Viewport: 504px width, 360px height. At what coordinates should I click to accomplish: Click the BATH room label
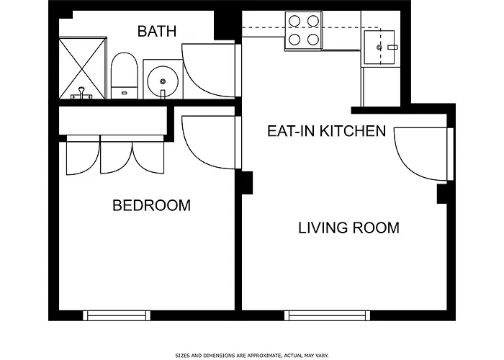pyautogui.click(x=157, y=31)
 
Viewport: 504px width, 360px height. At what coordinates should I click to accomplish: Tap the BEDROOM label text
pyautogui.click(x=152, y=205)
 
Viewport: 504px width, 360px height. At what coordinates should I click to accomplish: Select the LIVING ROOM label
pyautogui.click(x=349, y=228)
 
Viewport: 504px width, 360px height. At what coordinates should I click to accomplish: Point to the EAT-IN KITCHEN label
pyautogui.click(x=327, y=131)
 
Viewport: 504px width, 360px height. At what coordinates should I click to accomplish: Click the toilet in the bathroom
pyautogui.click(x=125, y=76)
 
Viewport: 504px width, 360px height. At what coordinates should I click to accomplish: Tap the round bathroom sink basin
pyautogui.click(x=163, y=81)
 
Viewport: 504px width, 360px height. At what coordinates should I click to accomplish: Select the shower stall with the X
pyautogui.click(x=83, y=68)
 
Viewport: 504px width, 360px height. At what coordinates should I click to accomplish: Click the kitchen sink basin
pyautogui.click(x=379, y=48)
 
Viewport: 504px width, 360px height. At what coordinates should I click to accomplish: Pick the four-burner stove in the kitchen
pyautogui.click(x=303, y=30)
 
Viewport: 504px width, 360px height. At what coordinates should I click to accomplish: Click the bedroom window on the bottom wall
pyautogui.click(x=117, y=315)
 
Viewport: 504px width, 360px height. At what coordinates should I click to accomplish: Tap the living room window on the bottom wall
pyautogui.click(x=327, y=315)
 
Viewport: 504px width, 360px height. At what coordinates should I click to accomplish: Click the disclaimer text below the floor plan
pyautogui.click(x=252, y=355)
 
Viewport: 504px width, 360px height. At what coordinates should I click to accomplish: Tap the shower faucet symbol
pyautogui.click(x=81, y=94)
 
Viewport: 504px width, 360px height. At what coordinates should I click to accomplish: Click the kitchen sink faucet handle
pyautogui.click(x=392, y=48)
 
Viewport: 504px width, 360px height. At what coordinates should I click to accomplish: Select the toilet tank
pyautogui.click(x=125, y=93)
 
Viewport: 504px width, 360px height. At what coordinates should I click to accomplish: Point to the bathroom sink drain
pyautogui.click(x=163, y=81)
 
